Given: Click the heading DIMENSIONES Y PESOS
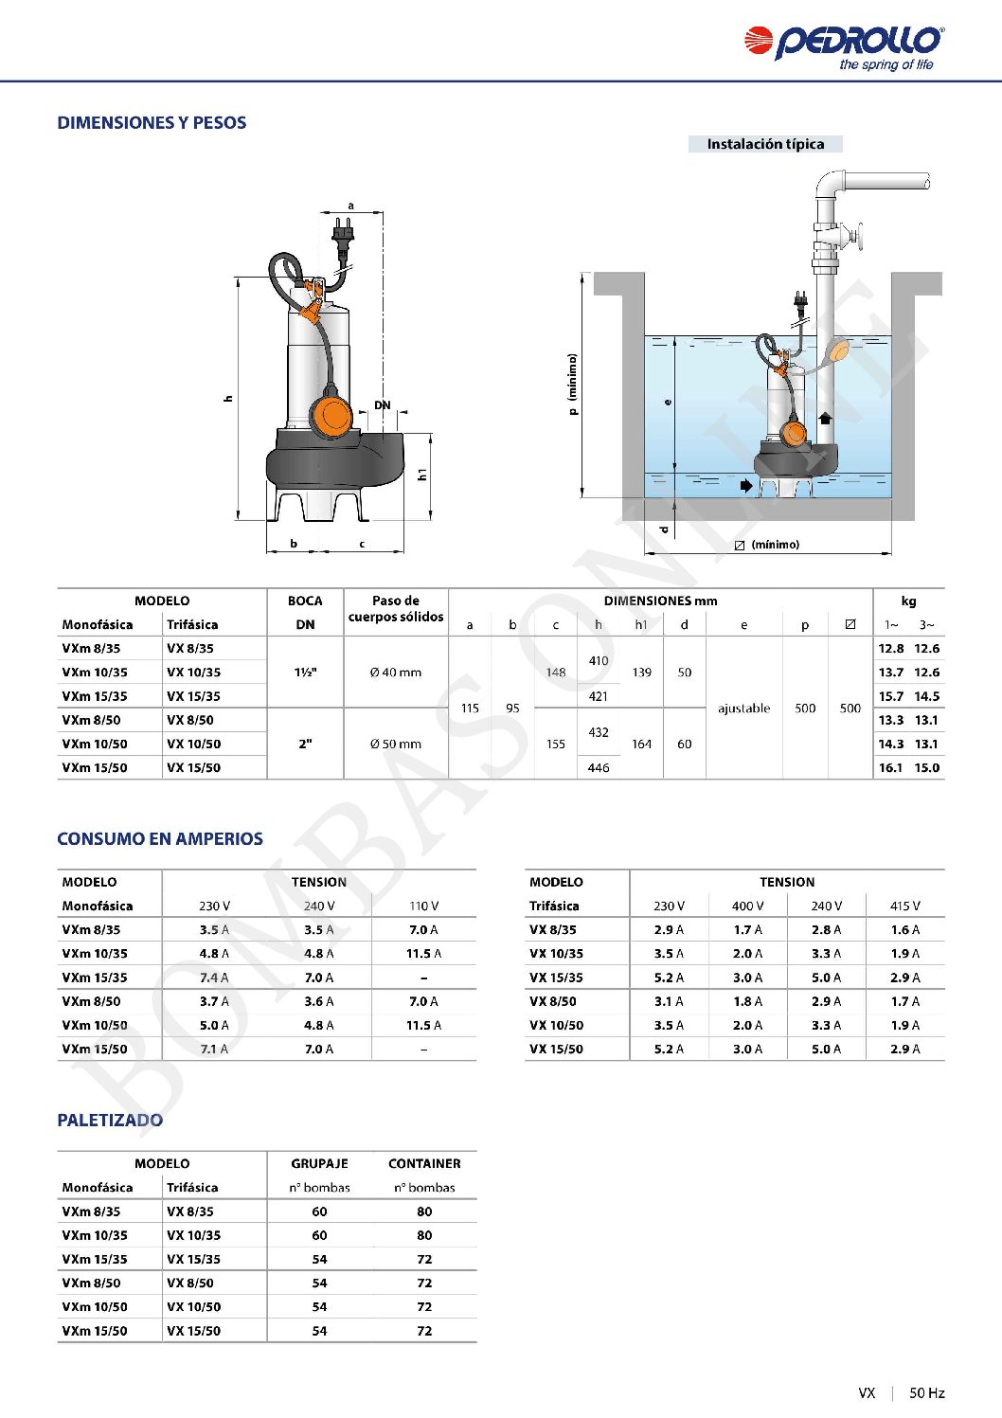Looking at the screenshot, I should coord(152,123).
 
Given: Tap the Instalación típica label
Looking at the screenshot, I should coord(765,144).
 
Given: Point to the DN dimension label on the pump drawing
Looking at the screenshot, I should coord(382,405).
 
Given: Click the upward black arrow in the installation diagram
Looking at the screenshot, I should coord(824,418).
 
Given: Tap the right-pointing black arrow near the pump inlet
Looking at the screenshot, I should coord(747,486).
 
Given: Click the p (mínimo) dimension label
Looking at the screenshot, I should coord(573,385).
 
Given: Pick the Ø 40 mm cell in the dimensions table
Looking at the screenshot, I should coord(396,673).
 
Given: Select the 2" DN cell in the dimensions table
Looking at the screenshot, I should coord(305,745).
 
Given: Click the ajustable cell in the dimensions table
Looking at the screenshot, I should coord(743,709).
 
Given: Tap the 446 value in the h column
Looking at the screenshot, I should coord(599,768).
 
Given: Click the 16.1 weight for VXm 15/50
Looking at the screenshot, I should coord(890,768).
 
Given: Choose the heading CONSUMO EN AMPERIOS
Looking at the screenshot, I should coord(160,839).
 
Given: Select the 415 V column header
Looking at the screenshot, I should coord(904,906).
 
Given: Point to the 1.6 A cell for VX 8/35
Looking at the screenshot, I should coord(904,930).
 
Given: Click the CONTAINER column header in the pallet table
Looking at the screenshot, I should coord(424,1164).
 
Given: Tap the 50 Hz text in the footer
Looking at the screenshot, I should coord(927,1393).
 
